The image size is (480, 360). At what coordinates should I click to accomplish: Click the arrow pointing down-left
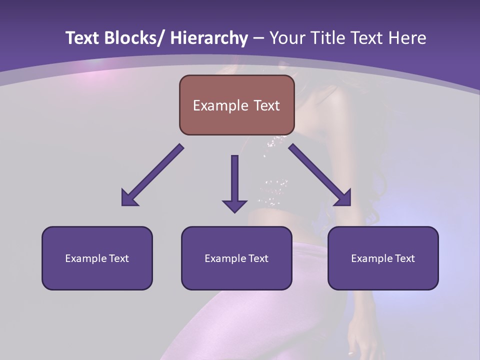coord(152,175)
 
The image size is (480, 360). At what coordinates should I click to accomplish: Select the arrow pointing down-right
coord(320,175)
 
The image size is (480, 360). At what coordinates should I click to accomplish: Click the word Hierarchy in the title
coord(209,38)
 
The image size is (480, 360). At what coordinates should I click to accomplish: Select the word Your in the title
coord(287,38)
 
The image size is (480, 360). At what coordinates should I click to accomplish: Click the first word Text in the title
coord(81,38)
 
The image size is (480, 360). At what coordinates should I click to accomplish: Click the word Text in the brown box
coord(266,106)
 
